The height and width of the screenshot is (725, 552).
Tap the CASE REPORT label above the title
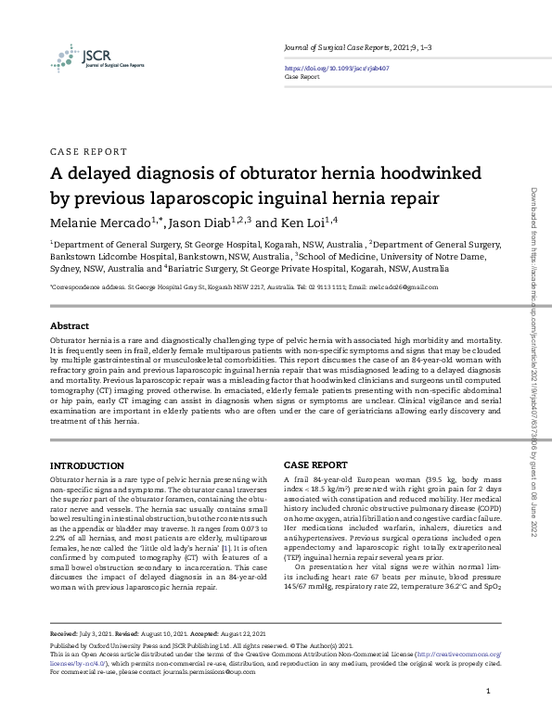87,150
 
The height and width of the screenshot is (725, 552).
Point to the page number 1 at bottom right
488,693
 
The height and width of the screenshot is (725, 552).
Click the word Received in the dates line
66,635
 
